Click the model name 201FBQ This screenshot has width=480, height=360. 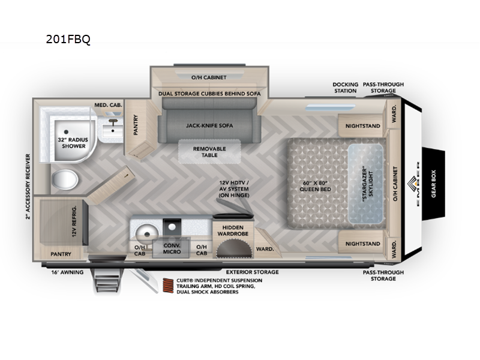[x=68, y=39]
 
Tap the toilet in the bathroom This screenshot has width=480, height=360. [x=65, y=179]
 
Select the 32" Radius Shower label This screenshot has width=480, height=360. [x=73, y=143]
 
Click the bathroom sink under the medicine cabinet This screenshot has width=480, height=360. [x=113, y=131]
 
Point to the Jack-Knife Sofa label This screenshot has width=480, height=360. [x=209, y=125]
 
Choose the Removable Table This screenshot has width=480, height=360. [x=209, y=152]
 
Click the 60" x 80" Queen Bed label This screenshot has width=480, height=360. [x=316, y=186]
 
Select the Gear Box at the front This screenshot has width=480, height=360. [x=433, y=184]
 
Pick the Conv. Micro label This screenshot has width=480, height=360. [x=172, y=248]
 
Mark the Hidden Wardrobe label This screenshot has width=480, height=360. [x=233, y=230]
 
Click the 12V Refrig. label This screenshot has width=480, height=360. [x=74, y=221]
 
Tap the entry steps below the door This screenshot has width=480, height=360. [x=106, y=281]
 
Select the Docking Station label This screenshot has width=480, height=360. [x=346, y=88]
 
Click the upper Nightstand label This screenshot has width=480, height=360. [x=363, y=126]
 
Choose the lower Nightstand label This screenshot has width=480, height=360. [x=363, y=244]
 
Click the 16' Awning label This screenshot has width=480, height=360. [x=67, y=272]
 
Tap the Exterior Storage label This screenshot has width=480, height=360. [x=252, y=272]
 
